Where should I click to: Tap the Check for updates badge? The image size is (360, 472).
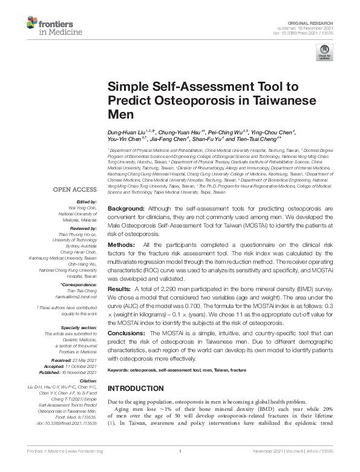click(x=324, y=55)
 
